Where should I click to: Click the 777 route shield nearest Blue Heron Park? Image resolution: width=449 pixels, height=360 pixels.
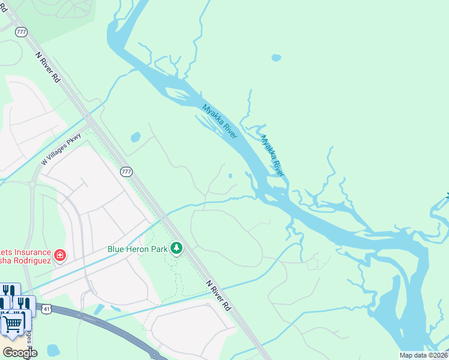coord(126,172)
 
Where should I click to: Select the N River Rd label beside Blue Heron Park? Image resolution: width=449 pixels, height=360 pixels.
coord(218,295)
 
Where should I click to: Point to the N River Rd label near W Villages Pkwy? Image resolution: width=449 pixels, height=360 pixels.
coord(49,67)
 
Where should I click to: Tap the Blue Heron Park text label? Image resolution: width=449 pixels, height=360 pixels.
coord(137,248)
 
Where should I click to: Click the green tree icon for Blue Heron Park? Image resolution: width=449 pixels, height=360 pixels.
coord(176,248)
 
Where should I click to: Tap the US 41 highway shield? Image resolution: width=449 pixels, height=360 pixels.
coord(46,309)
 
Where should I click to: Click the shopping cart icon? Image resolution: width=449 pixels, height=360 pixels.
coord(11,325)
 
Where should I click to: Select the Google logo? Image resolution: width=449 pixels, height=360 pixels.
coord(20,352)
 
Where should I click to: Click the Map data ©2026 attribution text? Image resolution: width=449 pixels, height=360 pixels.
coord(423,355)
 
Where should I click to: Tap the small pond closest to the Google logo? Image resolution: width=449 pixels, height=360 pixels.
coord(53,350)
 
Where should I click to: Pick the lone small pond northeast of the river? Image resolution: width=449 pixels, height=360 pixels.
coord(276,58)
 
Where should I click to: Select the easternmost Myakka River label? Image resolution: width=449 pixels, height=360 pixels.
coord(273,155)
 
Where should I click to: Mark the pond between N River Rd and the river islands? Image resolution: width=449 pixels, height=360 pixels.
coord(135,137)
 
